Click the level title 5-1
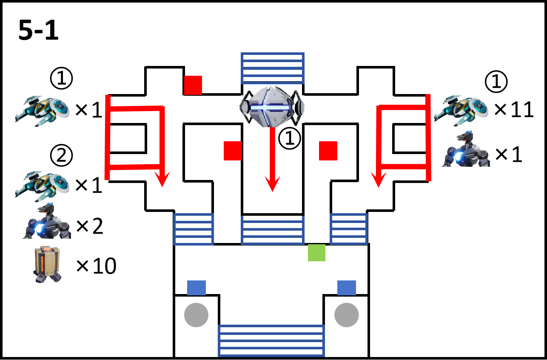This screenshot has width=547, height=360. tap(38, 30)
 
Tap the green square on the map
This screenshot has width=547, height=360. tap(316, 252)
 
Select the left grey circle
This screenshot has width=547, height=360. tap(197, 315)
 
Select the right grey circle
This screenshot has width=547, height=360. tap(347, 315)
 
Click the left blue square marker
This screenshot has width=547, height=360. tap(197, 288)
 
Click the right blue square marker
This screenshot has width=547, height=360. tap(347, 288)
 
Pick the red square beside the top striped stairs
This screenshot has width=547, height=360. tap(193, 85)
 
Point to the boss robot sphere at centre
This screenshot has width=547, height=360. tap(272, 107)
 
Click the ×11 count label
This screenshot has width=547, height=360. tap(514, 109)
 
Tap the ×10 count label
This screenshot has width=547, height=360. tap(96, 266)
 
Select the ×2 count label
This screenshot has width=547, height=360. tap(90, 226)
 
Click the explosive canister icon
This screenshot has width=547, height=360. tap(47, 264)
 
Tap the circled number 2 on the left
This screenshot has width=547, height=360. tap(61, 155)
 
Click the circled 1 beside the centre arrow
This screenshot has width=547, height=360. tap(290, 138)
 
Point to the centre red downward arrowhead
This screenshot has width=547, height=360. tap(272, 184)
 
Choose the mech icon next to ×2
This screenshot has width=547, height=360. tap(47, 221)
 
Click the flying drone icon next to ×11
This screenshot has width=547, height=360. tap(461, 110)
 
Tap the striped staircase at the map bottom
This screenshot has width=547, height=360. tap(271, 340)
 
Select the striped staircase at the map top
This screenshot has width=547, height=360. tap(273, 69)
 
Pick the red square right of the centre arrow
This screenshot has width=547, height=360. tap(328, 151)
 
